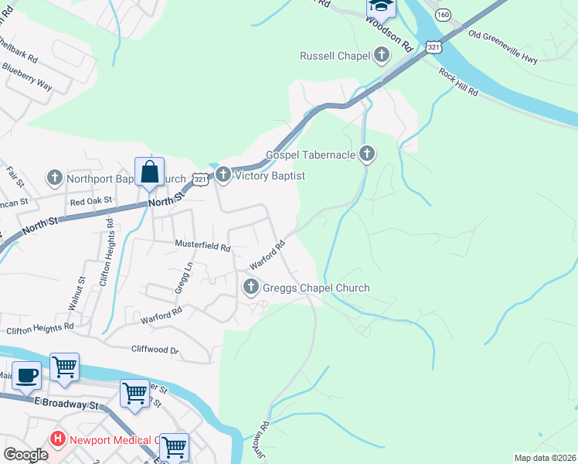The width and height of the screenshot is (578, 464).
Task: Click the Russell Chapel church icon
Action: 381,55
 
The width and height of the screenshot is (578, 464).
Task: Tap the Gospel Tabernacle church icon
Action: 367,155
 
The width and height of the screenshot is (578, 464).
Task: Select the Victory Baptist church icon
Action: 223,176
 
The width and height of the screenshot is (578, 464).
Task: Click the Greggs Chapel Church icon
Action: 250,288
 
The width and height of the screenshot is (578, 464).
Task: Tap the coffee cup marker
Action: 27,375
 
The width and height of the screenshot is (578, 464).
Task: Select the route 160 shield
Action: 443,15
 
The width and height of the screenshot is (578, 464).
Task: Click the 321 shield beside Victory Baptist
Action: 200,179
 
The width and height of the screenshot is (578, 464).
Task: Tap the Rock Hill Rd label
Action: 459,83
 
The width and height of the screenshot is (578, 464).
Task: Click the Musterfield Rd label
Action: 203,248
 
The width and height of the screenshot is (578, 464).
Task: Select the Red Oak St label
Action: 91,200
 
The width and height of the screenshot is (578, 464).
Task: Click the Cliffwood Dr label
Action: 155,350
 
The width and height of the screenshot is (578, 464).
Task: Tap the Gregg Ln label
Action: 186,276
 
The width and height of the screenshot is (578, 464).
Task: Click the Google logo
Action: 25,454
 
